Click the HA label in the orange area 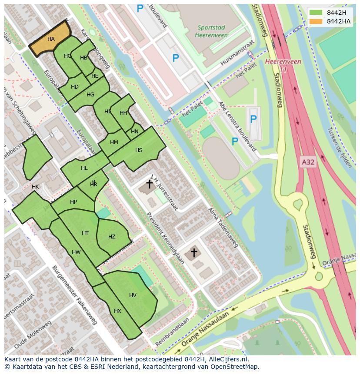51,39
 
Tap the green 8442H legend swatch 316,13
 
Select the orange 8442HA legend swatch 316,21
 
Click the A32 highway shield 307,162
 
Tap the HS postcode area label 139,150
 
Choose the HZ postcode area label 112,237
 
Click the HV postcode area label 133,295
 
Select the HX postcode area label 117,311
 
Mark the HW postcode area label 76,252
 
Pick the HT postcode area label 85,233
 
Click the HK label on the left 35,187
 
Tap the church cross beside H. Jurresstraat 149,184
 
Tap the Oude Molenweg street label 33,335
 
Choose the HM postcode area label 114,142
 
